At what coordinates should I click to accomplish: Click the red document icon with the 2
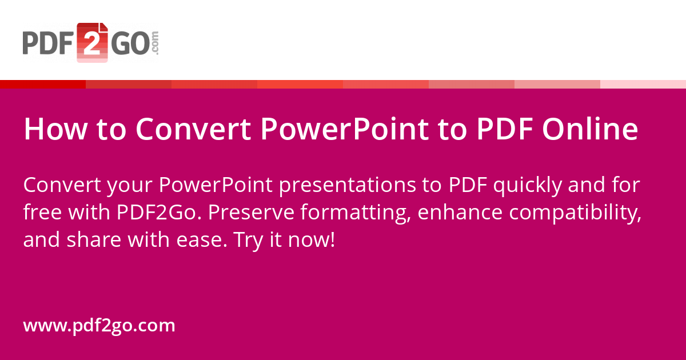[92, 43]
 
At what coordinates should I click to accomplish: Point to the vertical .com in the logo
[154, 43]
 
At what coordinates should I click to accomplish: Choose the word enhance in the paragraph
[460, 213]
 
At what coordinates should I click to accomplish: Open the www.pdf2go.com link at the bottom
[99, 326]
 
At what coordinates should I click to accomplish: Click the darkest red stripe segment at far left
[43, 85]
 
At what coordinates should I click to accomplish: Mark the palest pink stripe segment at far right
[643, 85]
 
